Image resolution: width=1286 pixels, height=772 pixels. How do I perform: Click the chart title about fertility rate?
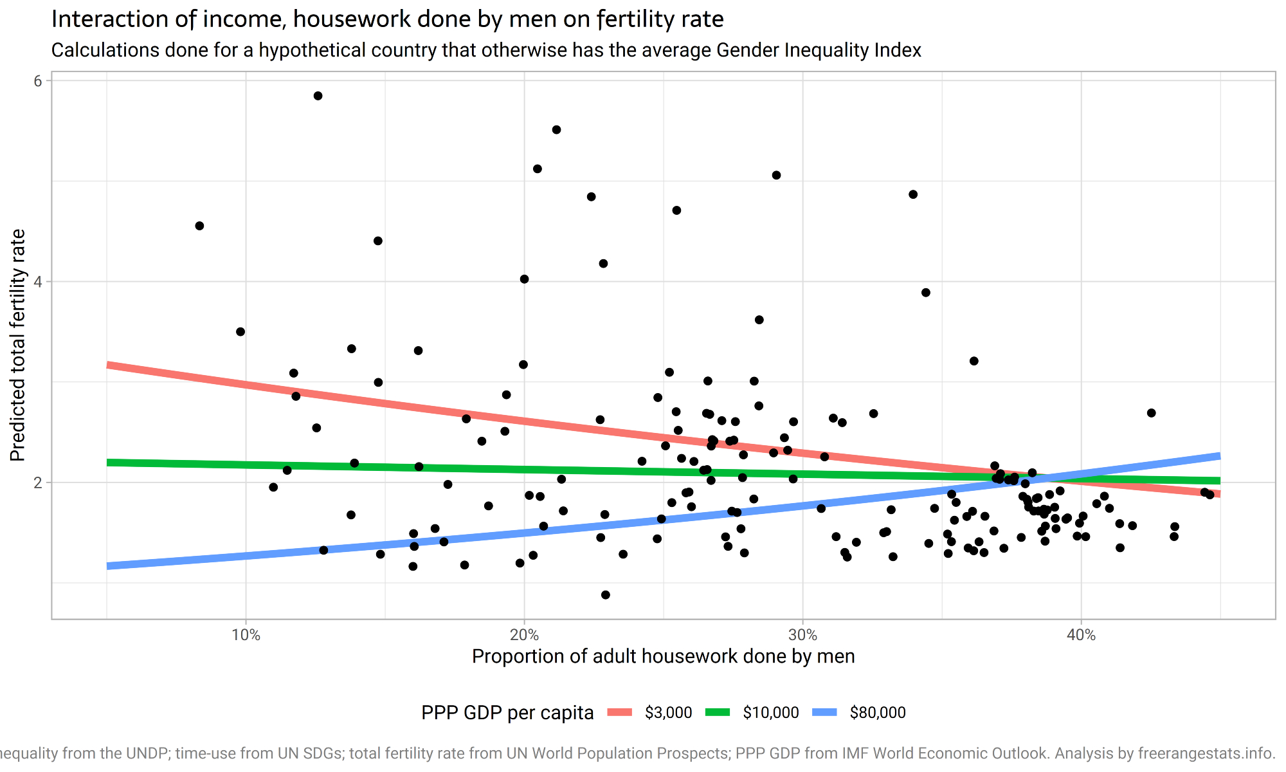pos(387,19)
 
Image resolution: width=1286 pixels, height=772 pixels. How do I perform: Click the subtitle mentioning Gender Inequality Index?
pos(486,50)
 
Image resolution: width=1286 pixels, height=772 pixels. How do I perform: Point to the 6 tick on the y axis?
pos(38,81)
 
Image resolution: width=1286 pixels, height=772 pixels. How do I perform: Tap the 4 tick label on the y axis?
pos(38,282)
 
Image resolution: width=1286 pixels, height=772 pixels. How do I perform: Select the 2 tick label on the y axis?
pos(38,482)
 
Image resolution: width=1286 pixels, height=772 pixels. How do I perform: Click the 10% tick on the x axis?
pos(246,635)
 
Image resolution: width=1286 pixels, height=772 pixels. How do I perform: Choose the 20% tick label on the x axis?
pos(524,635)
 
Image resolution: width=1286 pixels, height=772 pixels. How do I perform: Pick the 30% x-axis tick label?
pos(802,635)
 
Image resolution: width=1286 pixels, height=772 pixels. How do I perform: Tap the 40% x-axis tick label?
pos(1081,635)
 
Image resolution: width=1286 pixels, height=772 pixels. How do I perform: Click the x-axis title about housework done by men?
pos(663,656)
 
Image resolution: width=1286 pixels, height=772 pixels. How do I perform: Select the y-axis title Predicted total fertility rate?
pos(18,345)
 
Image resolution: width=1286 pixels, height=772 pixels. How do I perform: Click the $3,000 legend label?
pos(668,713)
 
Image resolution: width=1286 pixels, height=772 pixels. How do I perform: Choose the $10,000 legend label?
pos(770,713)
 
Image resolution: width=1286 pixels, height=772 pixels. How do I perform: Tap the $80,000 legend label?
pos(877,713)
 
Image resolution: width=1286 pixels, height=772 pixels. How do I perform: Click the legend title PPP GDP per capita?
pos(507,713)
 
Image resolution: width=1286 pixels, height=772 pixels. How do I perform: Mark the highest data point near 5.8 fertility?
pos(318,96)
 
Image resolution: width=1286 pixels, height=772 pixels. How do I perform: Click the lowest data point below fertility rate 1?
pos(606,595)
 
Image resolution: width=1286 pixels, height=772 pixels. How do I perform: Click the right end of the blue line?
pos(1219,456)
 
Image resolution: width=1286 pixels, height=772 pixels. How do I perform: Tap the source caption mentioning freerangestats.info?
pos(643,753)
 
